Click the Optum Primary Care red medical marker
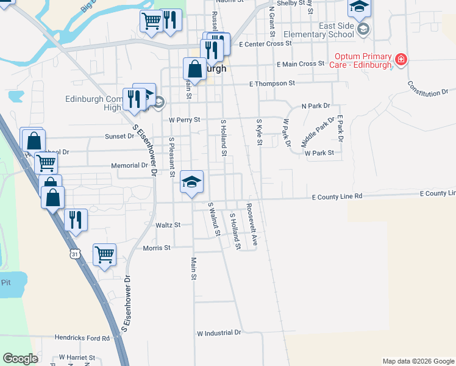pyautogui.click(x=401, y=60)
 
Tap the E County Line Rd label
pyautogui.click(x=337, y=196)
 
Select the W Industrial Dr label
pyautogui.click(x=219, y=333)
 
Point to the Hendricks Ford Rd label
pyautogui.click(x=82, y=337)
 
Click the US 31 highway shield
pyautogui.click(x=75, y=253)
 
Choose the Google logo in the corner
pyautogui.click(x=20, y=359)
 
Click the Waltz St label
pyautogui.click(x=168, y=225)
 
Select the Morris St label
pyautogui.click(x=157, y=248)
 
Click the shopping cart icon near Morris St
pyautogui.click(x=105, y=254)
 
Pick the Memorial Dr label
pyautogui.click(x=129, y=165)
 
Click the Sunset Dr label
pyautogui.click(x=119, y=137)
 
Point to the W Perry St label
pyautogui.click(x=185, y=120)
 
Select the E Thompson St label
pyautogui.click(x=272, y=83)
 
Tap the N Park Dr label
pyautogui.click(x=315, y=106)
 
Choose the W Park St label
pyautogui.click(x=319, y=153)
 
